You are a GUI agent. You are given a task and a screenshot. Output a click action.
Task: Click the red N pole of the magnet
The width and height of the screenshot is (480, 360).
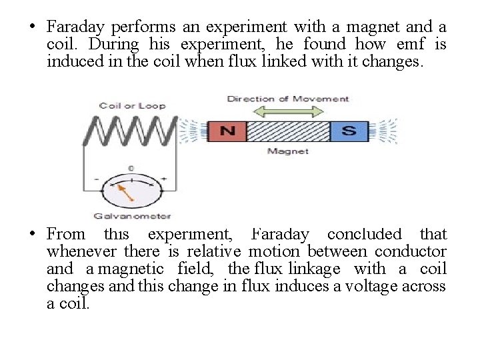pyautogui.click(x=227, y=131)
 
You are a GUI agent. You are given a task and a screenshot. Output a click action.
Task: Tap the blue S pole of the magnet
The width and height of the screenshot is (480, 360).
pyautogui.click(x=349, y=131)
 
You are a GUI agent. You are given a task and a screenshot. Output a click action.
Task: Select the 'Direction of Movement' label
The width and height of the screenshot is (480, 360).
pyautogui.click(x=288, y=99)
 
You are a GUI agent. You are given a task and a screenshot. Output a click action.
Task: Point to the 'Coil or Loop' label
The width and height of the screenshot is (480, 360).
pyautogui.click(x=132, y=105)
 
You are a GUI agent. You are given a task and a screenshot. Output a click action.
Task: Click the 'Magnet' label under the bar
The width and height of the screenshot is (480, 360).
pyautogui.click(x=288, y=151)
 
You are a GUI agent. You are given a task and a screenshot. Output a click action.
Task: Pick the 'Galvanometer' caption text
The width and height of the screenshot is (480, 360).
pyautogui.click(x=132, y=216)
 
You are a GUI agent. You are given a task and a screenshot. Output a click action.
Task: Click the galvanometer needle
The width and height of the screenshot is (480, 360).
pyautogui.click(x=125, y=193)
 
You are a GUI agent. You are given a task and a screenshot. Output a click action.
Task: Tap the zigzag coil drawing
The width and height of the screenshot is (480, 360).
pyautogui.click(x=130, y=129)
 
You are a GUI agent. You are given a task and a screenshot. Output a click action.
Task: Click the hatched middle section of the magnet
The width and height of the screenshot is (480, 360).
pyautogui.click(x=288, y=131)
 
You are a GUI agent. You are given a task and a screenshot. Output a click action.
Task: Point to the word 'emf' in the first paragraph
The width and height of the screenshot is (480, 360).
pyautogui.click(x=410, y=45)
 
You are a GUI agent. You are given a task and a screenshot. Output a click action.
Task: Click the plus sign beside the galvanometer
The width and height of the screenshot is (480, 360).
pyautogui.click(x=164, y=179)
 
